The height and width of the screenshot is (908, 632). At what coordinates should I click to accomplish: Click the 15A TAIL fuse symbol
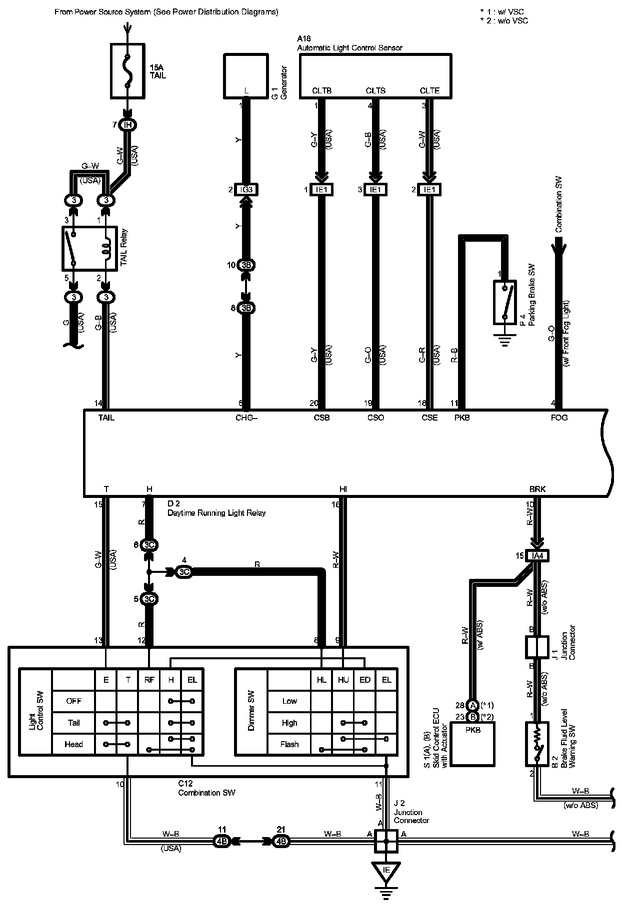[127, 70]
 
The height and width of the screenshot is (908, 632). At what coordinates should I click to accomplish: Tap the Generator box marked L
[246, 76]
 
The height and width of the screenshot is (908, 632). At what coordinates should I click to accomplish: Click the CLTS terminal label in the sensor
[375, 90]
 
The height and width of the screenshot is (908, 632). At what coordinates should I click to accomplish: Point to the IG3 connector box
[246, 190]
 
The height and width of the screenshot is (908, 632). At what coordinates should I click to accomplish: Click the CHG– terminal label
[246, 418]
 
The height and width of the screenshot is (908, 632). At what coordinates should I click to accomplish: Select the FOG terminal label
[559, 418]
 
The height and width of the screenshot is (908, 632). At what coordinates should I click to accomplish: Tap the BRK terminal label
[537, 489]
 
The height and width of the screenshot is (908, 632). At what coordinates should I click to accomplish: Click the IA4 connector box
[537, 555]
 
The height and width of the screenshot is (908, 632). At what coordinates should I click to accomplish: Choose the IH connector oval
[127, 125]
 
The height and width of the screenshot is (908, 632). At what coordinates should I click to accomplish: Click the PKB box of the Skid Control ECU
[472, 744]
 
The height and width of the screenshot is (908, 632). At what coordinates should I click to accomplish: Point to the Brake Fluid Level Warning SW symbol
[537, 744]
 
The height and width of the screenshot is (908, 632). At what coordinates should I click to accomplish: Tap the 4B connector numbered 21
[281, 841]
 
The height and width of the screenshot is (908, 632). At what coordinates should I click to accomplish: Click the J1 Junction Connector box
[537, 647]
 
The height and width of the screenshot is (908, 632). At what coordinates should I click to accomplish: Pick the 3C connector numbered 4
[184, 572]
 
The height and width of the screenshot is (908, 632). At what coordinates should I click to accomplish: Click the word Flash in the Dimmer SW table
[289, 744]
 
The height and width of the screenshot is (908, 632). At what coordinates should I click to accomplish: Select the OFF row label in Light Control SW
[73, 701]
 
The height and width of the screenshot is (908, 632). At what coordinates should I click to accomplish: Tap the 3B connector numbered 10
[246, 265]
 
